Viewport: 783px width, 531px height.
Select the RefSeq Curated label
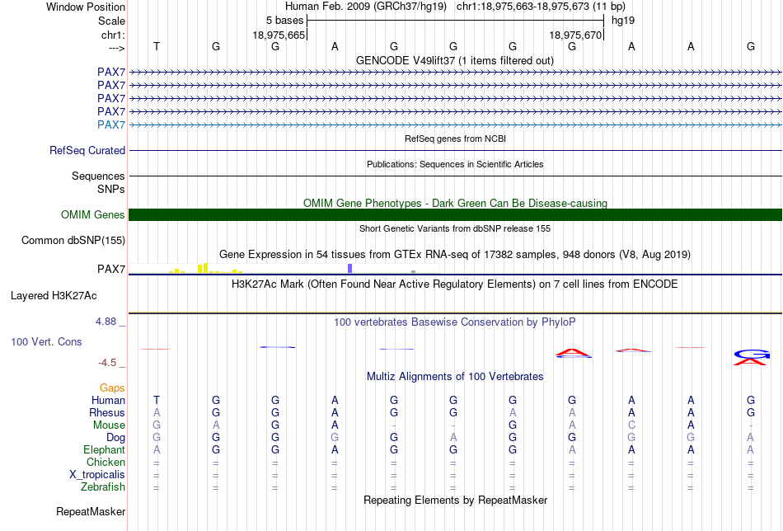tap(87, 151)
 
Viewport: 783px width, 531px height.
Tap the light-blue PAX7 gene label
tap(111, 125)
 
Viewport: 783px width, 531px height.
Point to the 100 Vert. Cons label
tap(46, 341)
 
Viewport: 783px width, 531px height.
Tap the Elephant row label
tap(104, 450)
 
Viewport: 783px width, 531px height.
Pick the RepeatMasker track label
tap(91, 512)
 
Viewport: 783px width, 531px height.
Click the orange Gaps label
tap(112, 388)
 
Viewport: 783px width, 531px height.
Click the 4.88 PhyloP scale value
tap(108, 322)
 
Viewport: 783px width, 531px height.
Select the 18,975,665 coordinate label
tap(279, 35)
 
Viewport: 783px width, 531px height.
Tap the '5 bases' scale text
tap(284, 20)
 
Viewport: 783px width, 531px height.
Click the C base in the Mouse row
tap(631, 425)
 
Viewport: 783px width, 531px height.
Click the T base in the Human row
tap(157, 400)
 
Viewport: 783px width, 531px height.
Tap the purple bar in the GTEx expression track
tap(350, 268)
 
